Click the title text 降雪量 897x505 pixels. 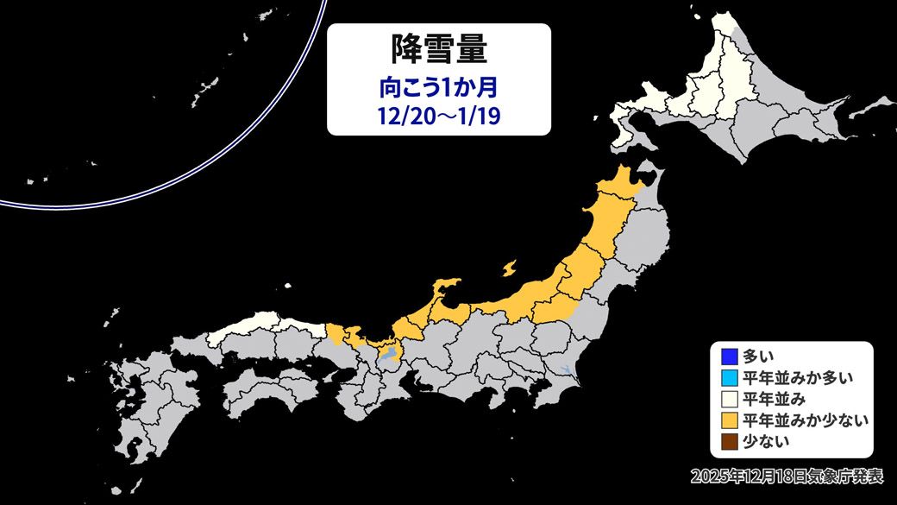click(x=438, y=50)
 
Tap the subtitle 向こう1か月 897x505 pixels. click(x=438, y=87)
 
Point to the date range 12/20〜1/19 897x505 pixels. click(x=438, y=116)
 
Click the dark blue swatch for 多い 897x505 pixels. click(x=727, y=355)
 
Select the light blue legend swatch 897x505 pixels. click(x=727, y=376)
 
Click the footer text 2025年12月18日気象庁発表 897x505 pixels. click(x=788, y=476)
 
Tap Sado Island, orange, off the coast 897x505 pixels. click(x=511, y=269)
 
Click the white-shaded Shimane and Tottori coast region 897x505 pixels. click(x=259, y=328)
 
